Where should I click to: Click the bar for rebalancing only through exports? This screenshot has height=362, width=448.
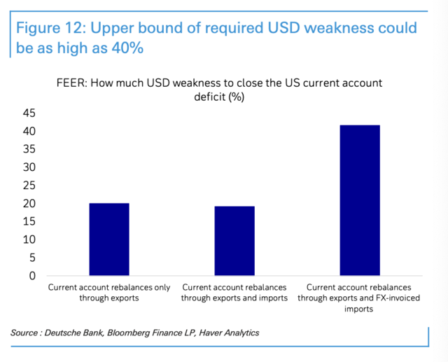point(108,239)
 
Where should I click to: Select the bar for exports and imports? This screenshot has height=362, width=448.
point(234,241)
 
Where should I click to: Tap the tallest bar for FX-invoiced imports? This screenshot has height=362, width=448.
point(360,200)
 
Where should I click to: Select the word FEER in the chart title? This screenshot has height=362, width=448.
point(73,83)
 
